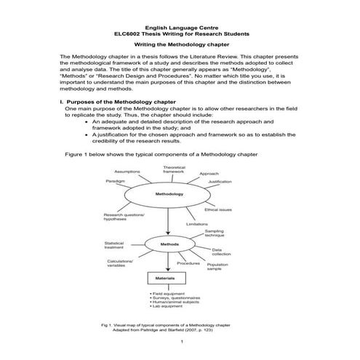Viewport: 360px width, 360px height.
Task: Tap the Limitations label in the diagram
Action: (x=197, y=224)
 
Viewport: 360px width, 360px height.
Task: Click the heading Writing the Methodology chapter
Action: (x=180, y=44)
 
